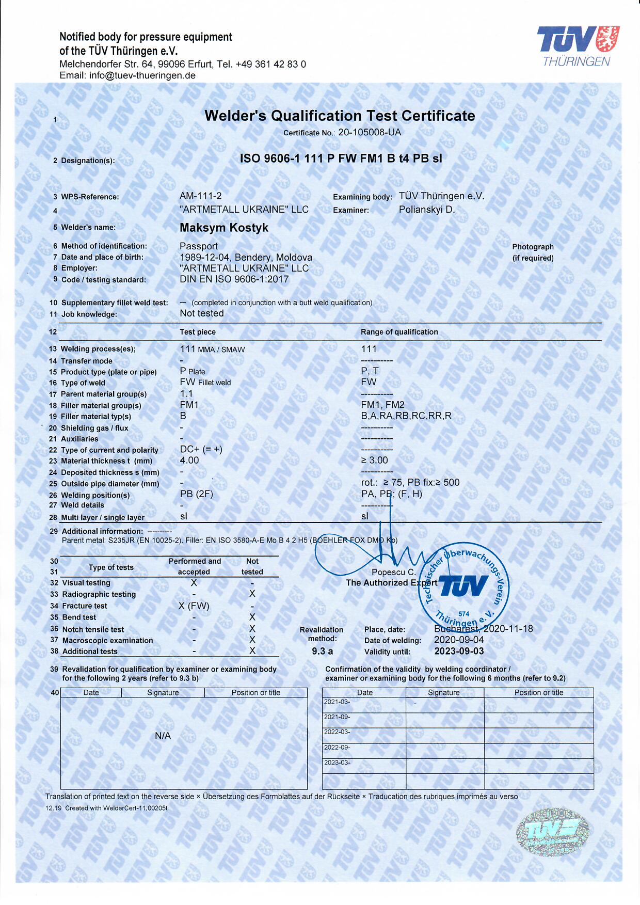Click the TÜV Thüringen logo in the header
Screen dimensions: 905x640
[x=578, y=46]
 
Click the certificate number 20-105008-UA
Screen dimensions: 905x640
[x=369, y=132]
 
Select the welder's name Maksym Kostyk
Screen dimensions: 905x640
[x=223, y=228]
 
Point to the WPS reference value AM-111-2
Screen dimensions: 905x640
[x=200, y=196]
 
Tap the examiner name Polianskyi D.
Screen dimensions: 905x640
[x=426, y=210]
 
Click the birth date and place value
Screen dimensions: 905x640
[x=246, y=257]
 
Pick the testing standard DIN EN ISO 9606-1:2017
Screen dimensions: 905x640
[x=234, y=279]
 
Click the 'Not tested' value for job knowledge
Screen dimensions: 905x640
[x=201, y=313]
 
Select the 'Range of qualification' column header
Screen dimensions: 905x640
[x=399, y=332]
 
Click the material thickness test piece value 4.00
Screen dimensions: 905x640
[x=189, y=460]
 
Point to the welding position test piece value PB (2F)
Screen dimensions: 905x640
[x=196, y=494]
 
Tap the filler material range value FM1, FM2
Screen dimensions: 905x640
[x=382, y=405]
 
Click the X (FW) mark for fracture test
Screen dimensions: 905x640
[x=194, y=606]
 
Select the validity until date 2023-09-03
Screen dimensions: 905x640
[x=459, y=651]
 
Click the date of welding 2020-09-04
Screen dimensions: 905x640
[x=459, y=640]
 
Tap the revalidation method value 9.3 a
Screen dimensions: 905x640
[x=322, y=651]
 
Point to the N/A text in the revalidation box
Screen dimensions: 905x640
[x=163, y=736]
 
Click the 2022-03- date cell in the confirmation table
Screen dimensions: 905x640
[x=337, y=732]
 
